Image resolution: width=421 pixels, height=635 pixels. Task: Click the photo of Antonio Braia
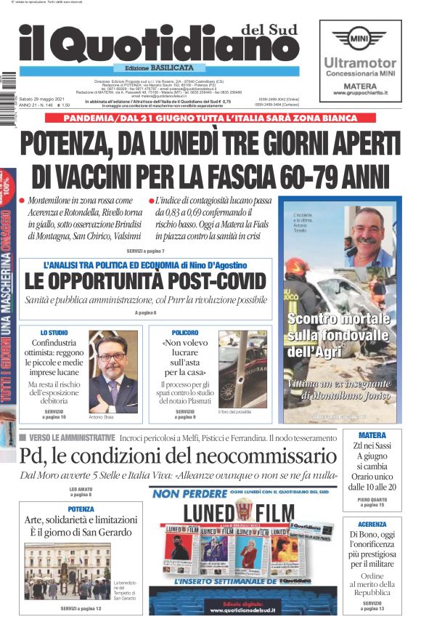click(113, 371)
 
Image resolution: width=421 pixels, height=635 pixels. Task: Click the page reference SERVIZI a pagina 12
click(81, 607)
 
